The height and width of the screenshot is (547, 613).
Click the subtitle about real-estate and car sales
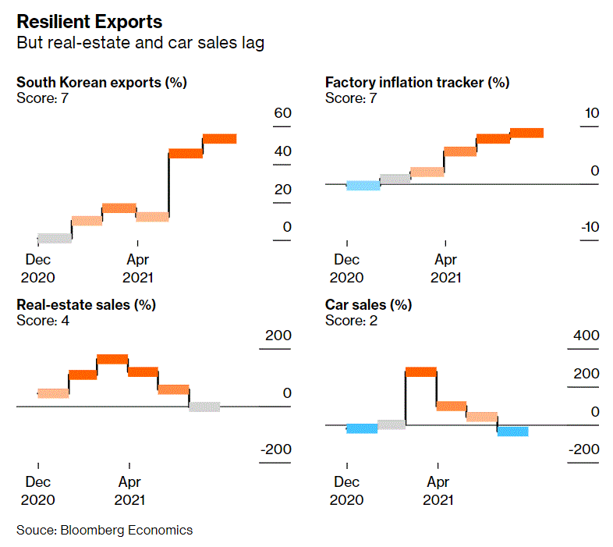pyautogui.click(x=140, y=43)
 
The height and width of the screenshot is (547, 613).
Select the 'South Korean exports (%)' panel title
pyautogui.click(x=101, y=82)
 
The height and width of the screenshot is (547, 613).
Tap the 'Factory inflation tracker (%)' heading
pyautogui.click(x=416, y=82)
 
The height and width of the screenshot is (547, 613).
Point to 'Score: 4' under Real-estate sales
pyautogui.click(x=43, y=319)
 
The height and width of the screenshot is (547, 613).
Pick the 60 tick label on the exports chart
pyautogui.click(x=282, y=114)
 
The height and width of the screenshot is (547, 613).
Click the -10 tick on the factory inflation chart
pyautogui.click(x=588, y=227)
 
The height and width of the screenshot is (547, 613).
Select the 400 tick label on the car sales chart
pyautogui.click(x=586, y=336)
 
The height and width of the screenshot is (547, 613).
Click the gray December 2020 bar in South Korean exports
pyautogui.click(x=55, y=238)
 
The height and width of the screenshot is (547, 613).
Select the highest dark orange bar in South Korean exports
pyautogui.click(x=219, y=139)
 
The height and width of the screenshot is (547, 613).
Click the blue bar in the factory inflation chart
pyautogui.click(x=363, y=185)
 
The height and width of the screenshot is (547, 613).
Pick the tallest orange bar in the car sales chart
pyautogui.click(x=421, y=371)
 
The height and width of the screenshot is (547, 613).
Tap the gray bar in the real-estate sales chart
pyautogui.click(x=204, y=406)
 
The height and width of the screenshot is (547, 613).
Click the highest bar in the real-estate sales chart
pyautogui.click(x=112, y=359)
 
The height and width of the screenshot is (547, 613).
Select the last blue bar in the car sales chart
pyautogui.click(x=512, y=431)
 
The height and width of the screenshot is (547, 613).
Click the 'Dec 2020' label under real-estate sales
pyautogui.click(x=38, y=491)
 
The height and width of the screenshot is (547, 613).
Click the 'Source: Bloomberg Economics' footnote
pyautogui.click(x=105, y=531)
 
